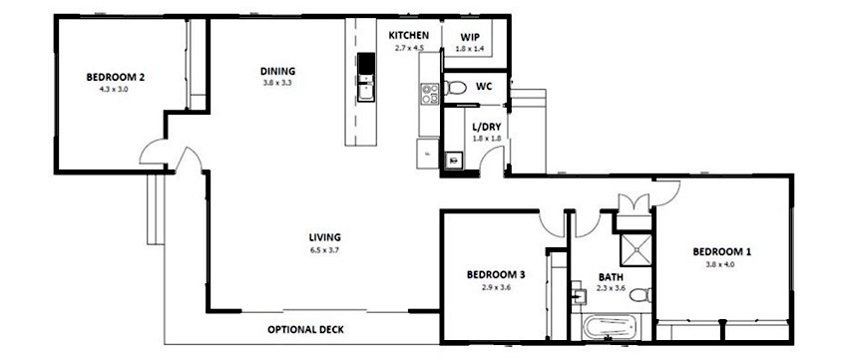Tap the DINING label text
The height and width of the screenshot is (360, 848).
pyautogui.click(x=277, y=71)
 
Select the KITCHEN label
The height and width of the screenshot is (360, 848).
pyautogui.click(x=409, y=35)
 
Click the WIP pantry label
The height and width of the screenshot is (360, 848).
pyautogui.click(x=469, y=36)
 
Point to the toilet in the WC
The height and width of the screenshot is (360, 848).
pyautogui.click(x=455, y=88)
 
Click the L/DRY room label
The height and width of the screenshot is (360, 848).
pyautogui.click(x=484, y=127)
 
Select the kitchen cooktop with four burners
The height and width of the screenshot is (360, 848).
pyautogui.click(x=431, y=95)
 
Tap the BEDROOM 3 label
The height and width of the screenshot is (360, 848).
pyautogui.click(x=496, y=274)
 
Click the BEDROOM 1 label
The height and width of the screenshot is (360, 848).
pyautogui.click(x=721, y=251)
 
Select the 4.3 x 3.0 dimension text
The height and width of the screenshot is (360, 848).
pyautogui.click(x=115, y=89)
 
